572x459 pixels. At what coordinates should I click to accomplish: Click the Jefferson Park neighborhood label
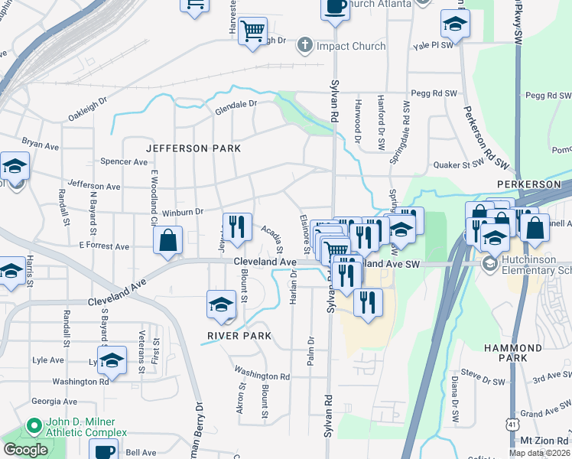[193, 148]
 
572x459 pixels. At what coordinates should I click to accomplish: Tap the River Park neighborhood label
[240, 336]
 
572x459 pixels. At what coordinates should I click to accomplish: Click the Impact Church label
[351, 46]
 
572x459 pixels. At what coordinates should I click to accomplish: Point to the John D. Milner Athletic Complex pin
[33, 425]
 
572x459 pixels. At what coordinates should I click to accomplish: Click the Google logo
[25, 450]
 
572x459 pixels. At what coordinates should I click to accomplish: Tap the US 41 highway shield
[511, 423]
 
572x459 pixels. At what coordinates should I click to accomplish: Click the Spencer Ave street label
[124, 162]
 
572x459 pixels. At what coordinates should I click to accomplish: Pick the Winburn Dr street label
[181, 212]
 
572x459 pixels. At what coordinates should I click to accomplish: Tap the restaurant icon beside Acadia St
[237, 226]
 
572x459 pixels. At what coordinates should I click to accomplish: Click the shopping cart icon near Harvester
[252, 32]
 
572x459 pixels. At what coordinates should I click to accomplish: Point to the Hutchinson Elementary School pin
[489, 263]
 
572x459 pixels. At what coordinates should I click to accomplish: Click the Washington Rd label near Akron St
[262, 376]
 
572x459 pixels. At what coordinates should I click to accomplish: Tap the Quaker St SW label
[459, 164]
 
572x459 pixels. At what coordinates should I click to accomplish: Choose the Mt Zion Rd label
[544, 441]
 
